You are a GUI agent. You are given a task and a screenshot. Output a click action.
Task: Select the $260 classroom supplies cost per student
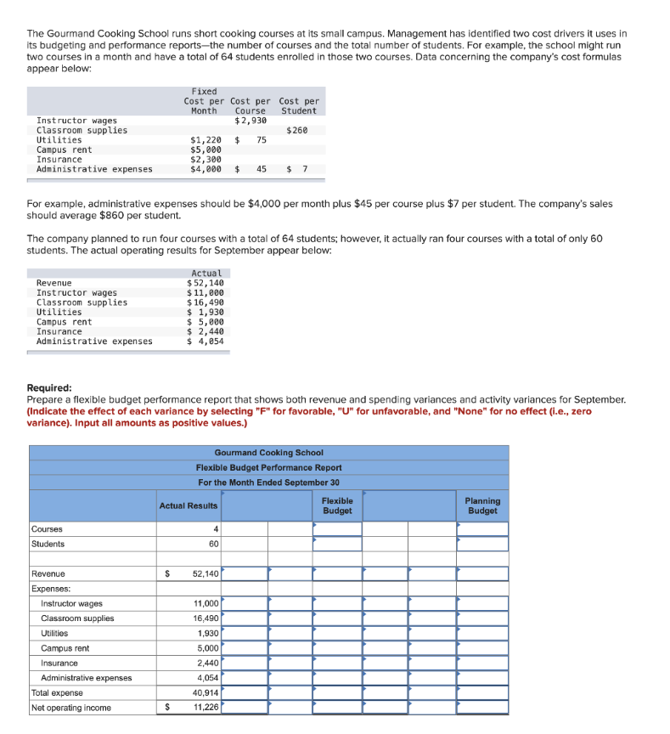[x=297, y=130]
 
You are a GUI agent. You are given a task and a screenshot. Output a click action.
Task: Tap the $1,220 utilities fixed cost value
[x=206, y=140]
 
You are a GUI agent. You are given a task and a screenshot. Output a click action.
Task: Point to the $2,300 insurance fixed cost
[x=206, y=159]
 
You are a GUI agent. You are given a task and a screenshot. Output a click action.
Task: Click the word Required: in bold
[x=49, y=386]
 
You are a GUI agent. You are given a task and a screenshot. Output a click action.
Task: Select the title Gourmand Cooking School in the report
[x=268, y=453]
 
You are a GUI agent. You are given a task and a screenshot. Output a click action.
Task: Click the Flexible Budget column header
[x=337, y=505]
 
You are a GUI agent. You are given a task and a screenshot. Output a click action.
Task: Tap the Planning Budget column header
[x=482, y=505]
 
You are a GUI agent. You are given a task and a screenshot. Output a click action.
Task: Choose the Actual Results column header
[x=189, y=505]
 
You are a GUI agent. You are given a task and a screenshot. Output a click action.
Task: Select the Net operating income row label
[x=70, y=708]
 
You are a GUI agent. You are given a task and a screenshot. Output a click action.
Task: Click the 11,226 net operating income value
[x=206, y=708]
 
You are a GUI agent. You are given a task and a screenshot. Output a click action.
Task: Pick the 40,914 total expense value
[x=206, y=692]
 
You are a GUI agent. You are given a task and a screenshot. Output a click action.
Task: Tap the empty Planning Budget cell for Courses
[x=482, y=529]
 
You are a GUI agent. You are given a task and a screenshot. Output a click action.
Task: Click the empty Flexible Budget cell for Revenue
[x=337, y=574]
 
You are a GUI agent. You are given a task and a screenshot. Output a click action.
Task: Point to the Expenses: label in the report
[x=51, y=589]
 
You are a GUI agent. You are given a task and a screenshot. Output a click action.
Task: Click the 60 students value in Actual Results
[x=213, y=544]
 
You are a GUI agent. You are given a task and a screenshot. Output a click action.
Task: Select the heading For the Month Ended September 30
[x=268, y=483]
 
